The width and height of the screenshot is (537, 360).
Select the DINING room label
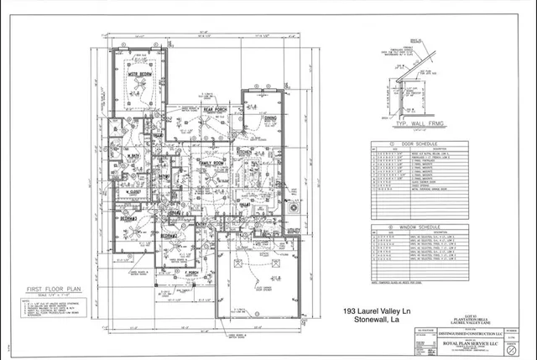[x=269, y=119]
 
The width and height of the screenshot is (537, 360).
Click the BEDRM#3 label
[x=128, y=217]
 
